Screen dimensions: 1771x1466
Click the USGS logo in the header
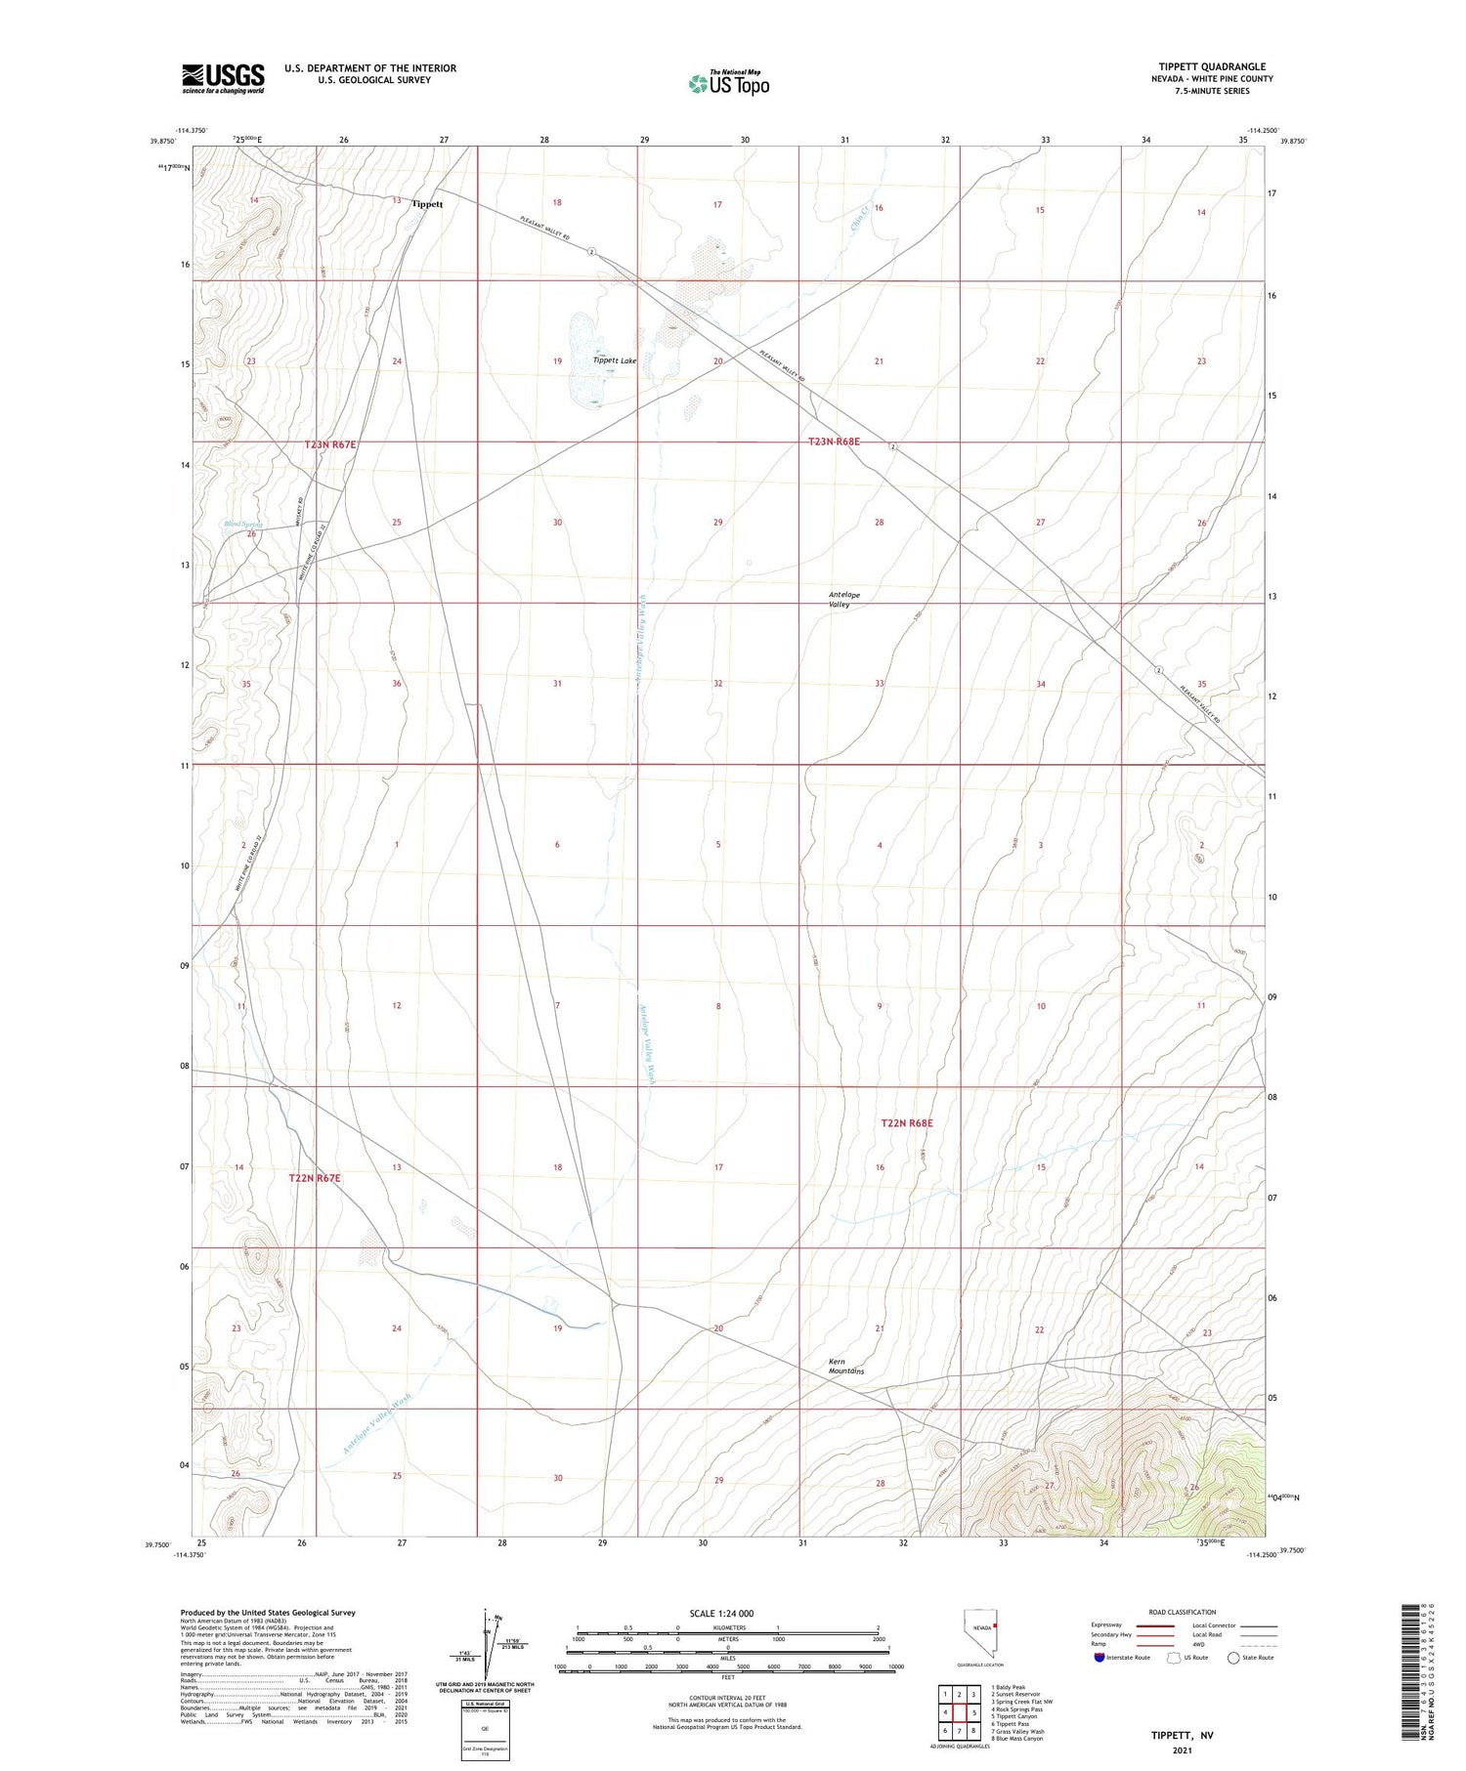coord(223,78)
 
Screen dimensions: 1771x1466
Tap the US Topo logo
coord(728,84)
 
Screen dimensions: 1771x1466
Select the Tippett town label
coord(427,204)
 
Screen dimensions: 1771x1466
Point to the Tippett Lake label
coord(615,360)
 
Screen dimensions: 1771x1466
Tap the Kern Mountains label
coord(846,1366)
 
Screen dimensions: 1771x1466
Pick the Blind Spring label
coord(243,525)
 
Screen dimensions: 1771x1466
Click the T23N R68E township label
coord(834,442)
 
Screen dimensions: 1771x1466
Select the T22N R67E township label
coord(315,1178)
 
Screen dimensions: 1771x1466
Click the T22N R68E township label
coord(907,1123)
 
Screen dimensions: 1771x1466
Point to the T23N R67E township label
coord(330,444)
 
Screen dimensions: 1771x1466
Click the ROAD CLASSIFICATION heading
coord(1182,1612)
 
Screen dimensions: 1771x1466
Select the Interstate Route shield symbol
coord(1099,1657)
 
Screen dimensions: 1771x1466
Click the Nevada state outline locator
coord(982,1632)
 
